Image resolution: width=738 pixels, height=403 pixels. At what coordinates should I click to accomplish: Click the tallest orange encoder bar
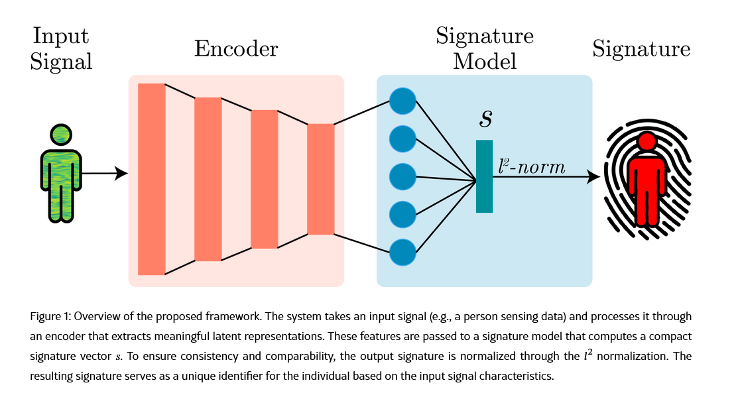point(151,179)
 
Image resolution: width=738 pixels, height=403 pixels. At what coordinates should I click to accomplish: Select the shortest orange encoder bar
point(320,179)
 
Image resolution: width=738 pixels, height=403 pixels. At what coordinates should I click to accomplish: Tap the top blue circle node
point(402,101)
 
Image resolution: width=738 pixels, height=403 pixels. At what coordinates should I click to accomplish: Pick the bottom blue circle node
point(402,253)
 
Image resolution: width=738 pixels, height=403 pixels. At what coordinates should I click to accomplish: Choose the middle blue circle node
point(402,177)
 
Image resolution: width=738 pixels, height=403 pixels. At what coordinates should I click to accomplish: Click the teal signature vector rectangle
point(484,176)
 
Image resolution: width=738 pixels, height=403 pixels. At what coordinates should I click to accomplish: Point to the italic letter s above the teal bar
point(486,119)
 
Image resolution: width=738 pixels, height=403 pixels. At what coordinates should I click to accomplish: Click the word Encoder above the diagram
point(235,49)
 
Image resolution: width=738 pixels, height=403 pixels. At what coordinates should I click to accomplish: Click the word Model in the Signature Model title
point(484,62)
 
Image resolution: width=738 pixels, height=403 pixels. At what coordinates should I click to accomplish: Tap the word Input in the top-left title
point(61,35)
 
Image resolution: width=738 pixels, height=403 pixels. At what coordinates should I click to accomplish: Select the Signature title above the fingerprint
point(641,49)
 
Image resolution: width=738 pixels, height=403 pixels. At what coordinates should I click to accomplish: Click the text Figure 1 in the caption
point(50,316)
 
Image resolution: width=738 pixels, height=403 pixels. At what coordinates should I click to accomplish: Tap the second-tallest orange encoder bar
point(208,179)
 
